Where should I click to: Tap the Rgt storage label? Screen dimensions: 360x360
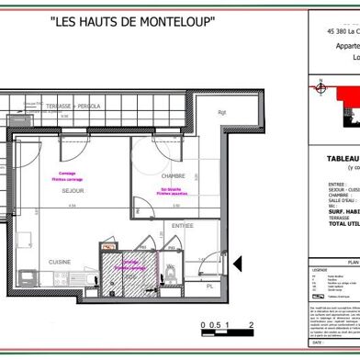click(x=221, y=112)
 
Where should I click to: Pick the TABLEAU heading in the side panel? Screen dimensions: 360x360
click(x=330, y=158)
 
